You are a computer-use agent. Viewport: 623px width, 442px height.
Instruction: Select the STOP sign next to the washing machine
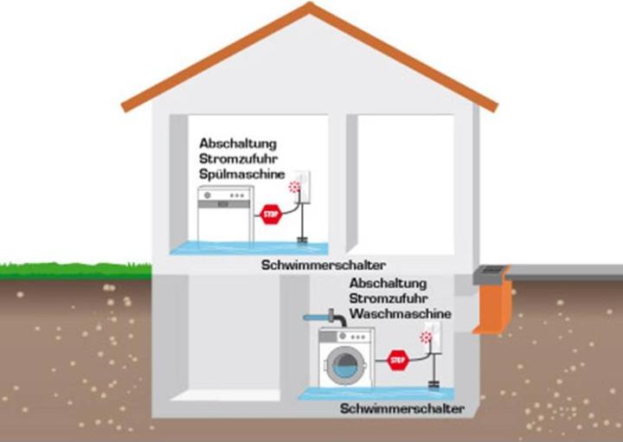click(x=398, y=359)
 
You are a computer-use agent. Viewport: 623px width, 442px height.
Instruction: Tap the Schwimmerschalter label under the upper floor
click(x=324, y=265)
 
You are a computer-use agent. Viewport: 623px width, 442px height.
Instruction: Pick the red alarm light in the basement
click(x=426, y=338)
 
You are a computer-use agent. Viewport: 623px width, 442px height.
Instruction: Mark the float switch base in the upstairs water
click(x=302, y=240)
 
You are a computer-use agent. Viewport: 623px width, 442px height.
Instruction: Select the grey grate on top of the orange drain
click(x=490, y=271)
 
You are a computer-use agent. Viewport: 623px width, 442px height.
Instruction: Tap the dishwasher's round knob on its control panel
click(x=208, y=196)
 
